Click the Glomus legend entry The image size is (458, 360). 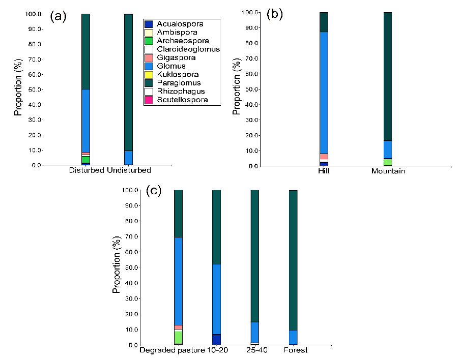tap(171, 66)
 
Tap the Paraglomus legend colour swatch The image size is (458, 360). tap(149, 83)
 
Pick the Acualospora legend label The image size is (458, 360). tap(180, 24)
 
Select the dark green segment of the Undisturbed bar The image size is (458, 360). tap(129, 81)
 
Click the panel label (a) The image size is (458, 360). tap(58, 16)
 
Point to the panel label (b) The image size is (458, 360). tap(275, 15)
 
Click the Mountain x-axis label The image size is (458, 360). tap(388, 171)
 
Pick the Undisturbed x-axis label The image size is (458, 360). tap(129, 170)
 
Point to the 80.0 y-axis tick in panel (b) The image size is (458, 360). tap(252, 43)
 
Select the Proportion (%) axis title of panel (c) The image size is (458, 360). tap(117, 267)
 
